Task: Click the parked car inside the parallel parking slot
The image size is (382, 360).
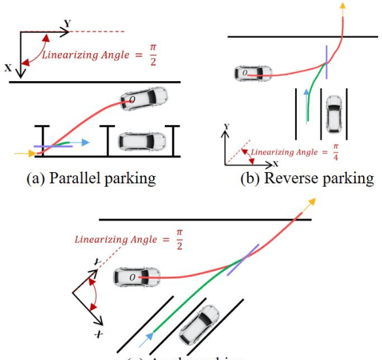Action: (x=141, y=141)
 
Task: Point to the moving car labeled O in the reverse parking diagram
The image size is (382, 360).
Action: (x=252, y=73)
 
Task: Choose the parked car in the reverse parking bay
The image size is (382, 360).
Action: (x=334, y=113)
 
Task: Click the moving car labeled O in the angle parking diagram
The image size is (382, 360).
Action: (x=136, y=278)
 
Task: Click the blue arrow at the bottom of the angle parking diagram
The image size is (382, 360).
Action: (x=151, y=337)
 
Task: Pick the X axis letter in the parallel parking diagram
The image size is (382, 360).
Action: (x=8, y=67)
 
